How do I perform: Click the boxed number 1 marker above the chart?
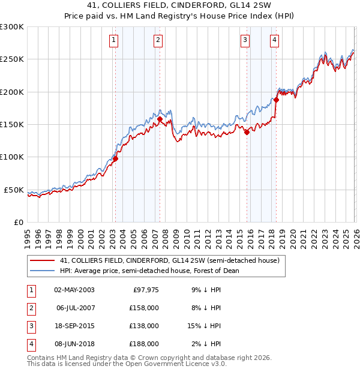114,40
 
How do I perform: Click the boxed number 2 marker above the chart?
158,40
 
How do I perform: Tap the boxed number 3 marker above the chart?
245,40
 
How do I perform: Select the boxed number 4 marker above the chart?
274,40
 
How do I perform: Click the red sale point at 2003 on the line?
115,159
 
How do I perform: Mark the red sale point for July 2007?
160,119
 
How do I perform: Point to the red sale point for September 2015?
247,133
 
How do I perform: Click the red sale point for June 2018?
276,100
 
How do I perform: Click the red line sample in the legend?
43,261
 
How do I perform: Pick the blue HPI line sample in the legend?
43,271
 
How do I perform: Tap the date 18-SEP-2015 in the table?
74,326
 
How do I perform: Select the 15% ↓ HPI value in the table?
204,326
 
